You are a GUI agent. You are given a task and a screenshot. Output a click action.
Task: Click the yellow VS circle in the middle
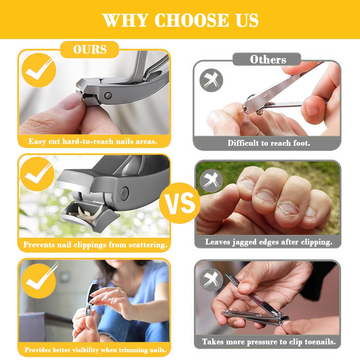[x=180, y=203]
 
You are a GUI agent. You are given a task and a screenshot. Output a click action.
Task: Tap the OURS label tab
[x=90, y=50]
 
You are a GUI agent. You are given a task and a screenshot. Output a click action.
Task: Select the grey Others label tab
[x=268, y=59]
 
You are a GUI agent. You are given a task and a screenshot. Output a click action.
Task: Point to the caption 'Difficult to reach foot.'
[x=269, y=143]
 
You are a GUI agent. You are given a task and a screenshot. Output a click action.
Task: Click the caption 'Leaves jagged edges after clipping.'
[x=269, y=242]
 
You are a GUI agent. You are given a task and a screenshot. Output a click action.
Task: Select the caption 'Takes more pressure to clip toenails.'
[x=269, y=341]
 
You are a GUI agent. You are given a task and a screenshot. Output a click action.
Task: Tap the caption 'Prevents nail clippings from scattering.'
[x=95, y=245]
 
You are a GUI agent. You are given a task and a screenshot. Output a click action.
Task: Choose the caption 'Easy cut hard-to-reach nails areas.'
[x=93, y=142]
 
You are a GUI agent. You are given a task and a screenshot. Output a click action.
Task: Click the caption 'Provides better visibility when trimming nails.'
[x=95, y=350]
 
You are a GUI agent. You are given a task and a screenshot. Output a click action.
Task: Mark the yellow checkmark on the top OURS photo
[x=39, y=70]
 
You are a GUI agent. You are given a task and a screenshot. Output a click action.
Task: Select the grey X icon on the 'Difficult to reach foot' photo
[x=211, y=80]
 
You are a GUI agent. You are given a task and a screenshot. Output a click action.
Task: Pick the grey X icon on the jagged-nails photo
[x=211, y=180]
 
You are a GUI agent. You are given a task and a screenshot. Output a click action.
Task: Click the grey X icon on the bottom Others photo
[x=211, y=279]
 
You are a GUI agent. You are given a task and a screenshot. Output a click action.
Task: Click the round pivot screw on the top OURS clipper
[x=109, y=95]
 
